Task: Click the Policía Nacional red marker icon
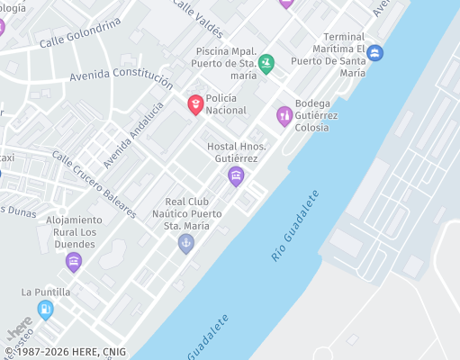click(194, 105)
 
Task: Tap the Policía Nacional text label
click(226, 103)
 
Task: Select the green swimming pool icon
click(266, 63)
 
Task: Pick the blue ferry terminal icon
click(374, 52)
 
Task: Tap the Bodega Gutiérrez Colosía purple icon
click(284, 114)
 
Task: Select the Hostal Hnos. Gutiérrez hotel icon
click(236, 175)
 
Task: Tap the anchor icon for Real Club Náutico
click(186, 242)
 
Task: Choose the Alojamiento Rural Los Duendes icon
click(74, 261)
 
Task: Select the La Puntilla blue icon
click(45, 309)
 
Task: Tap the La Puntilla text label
click(45, 292)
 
